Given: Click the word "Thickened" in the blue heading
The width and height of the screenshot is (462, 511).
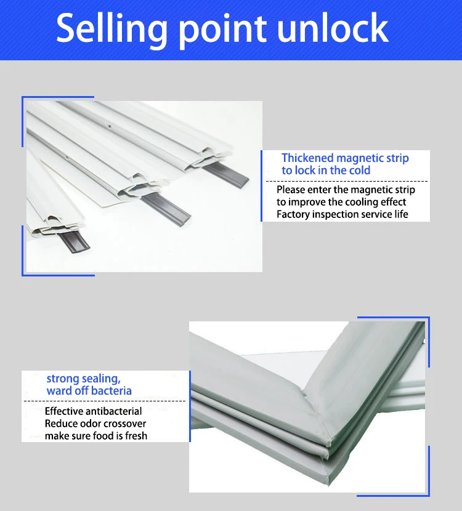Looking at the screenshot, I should pyautogui.click(x=309, y=158).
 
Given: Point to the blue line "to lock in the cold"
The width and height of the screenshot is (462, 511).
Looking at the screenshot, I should pyautogui.click(x=326, y=171).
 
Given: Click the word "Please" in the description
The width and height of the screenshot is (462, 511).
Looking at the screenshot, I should pyautogui.click(x=291, y=190).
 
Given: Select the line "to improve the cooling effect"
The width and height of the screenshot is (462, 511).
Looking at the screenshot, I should pyautogui.click(x=341, y=202).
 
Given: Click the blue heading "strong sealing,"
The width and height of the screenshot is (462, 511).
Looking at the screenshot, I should pyautogui.click(x=83, y=379).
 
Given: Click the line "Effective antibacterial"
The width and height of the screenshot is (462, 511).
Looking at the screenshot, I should pyautogui.click(x=93, y=411).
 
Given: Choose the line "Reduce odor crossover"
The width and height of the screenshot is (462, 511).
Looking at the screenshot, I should pyautogui.click(x=95, y=424).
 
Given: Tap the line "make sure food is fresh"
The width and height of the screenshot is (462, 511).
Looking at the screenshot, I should pyautogui.click(x=95, y=436).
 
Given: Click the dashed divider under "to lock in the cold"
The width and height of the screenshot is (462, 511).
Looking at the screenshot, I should pyautogui.click(x=346, y=181).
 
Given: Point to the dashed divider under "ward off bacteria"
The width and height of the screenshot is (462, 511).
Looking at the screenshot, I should pyautogui.click(x=105, y=401).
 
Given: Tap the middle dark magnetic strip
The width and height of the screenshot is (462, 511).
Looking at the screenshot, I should pyautogui.click(x=166, y=207).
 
